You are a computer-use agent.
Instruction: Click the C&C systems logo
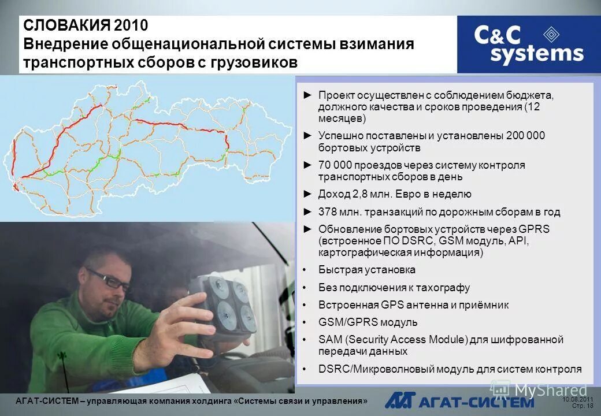pos(528,44)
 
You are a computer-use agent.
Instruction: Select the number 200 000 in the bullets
pos(525,136)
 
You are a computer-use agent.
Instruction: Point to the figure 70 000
pos(335,165)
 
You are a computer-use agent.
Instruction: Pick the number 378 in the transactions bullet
pos(328,212)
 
